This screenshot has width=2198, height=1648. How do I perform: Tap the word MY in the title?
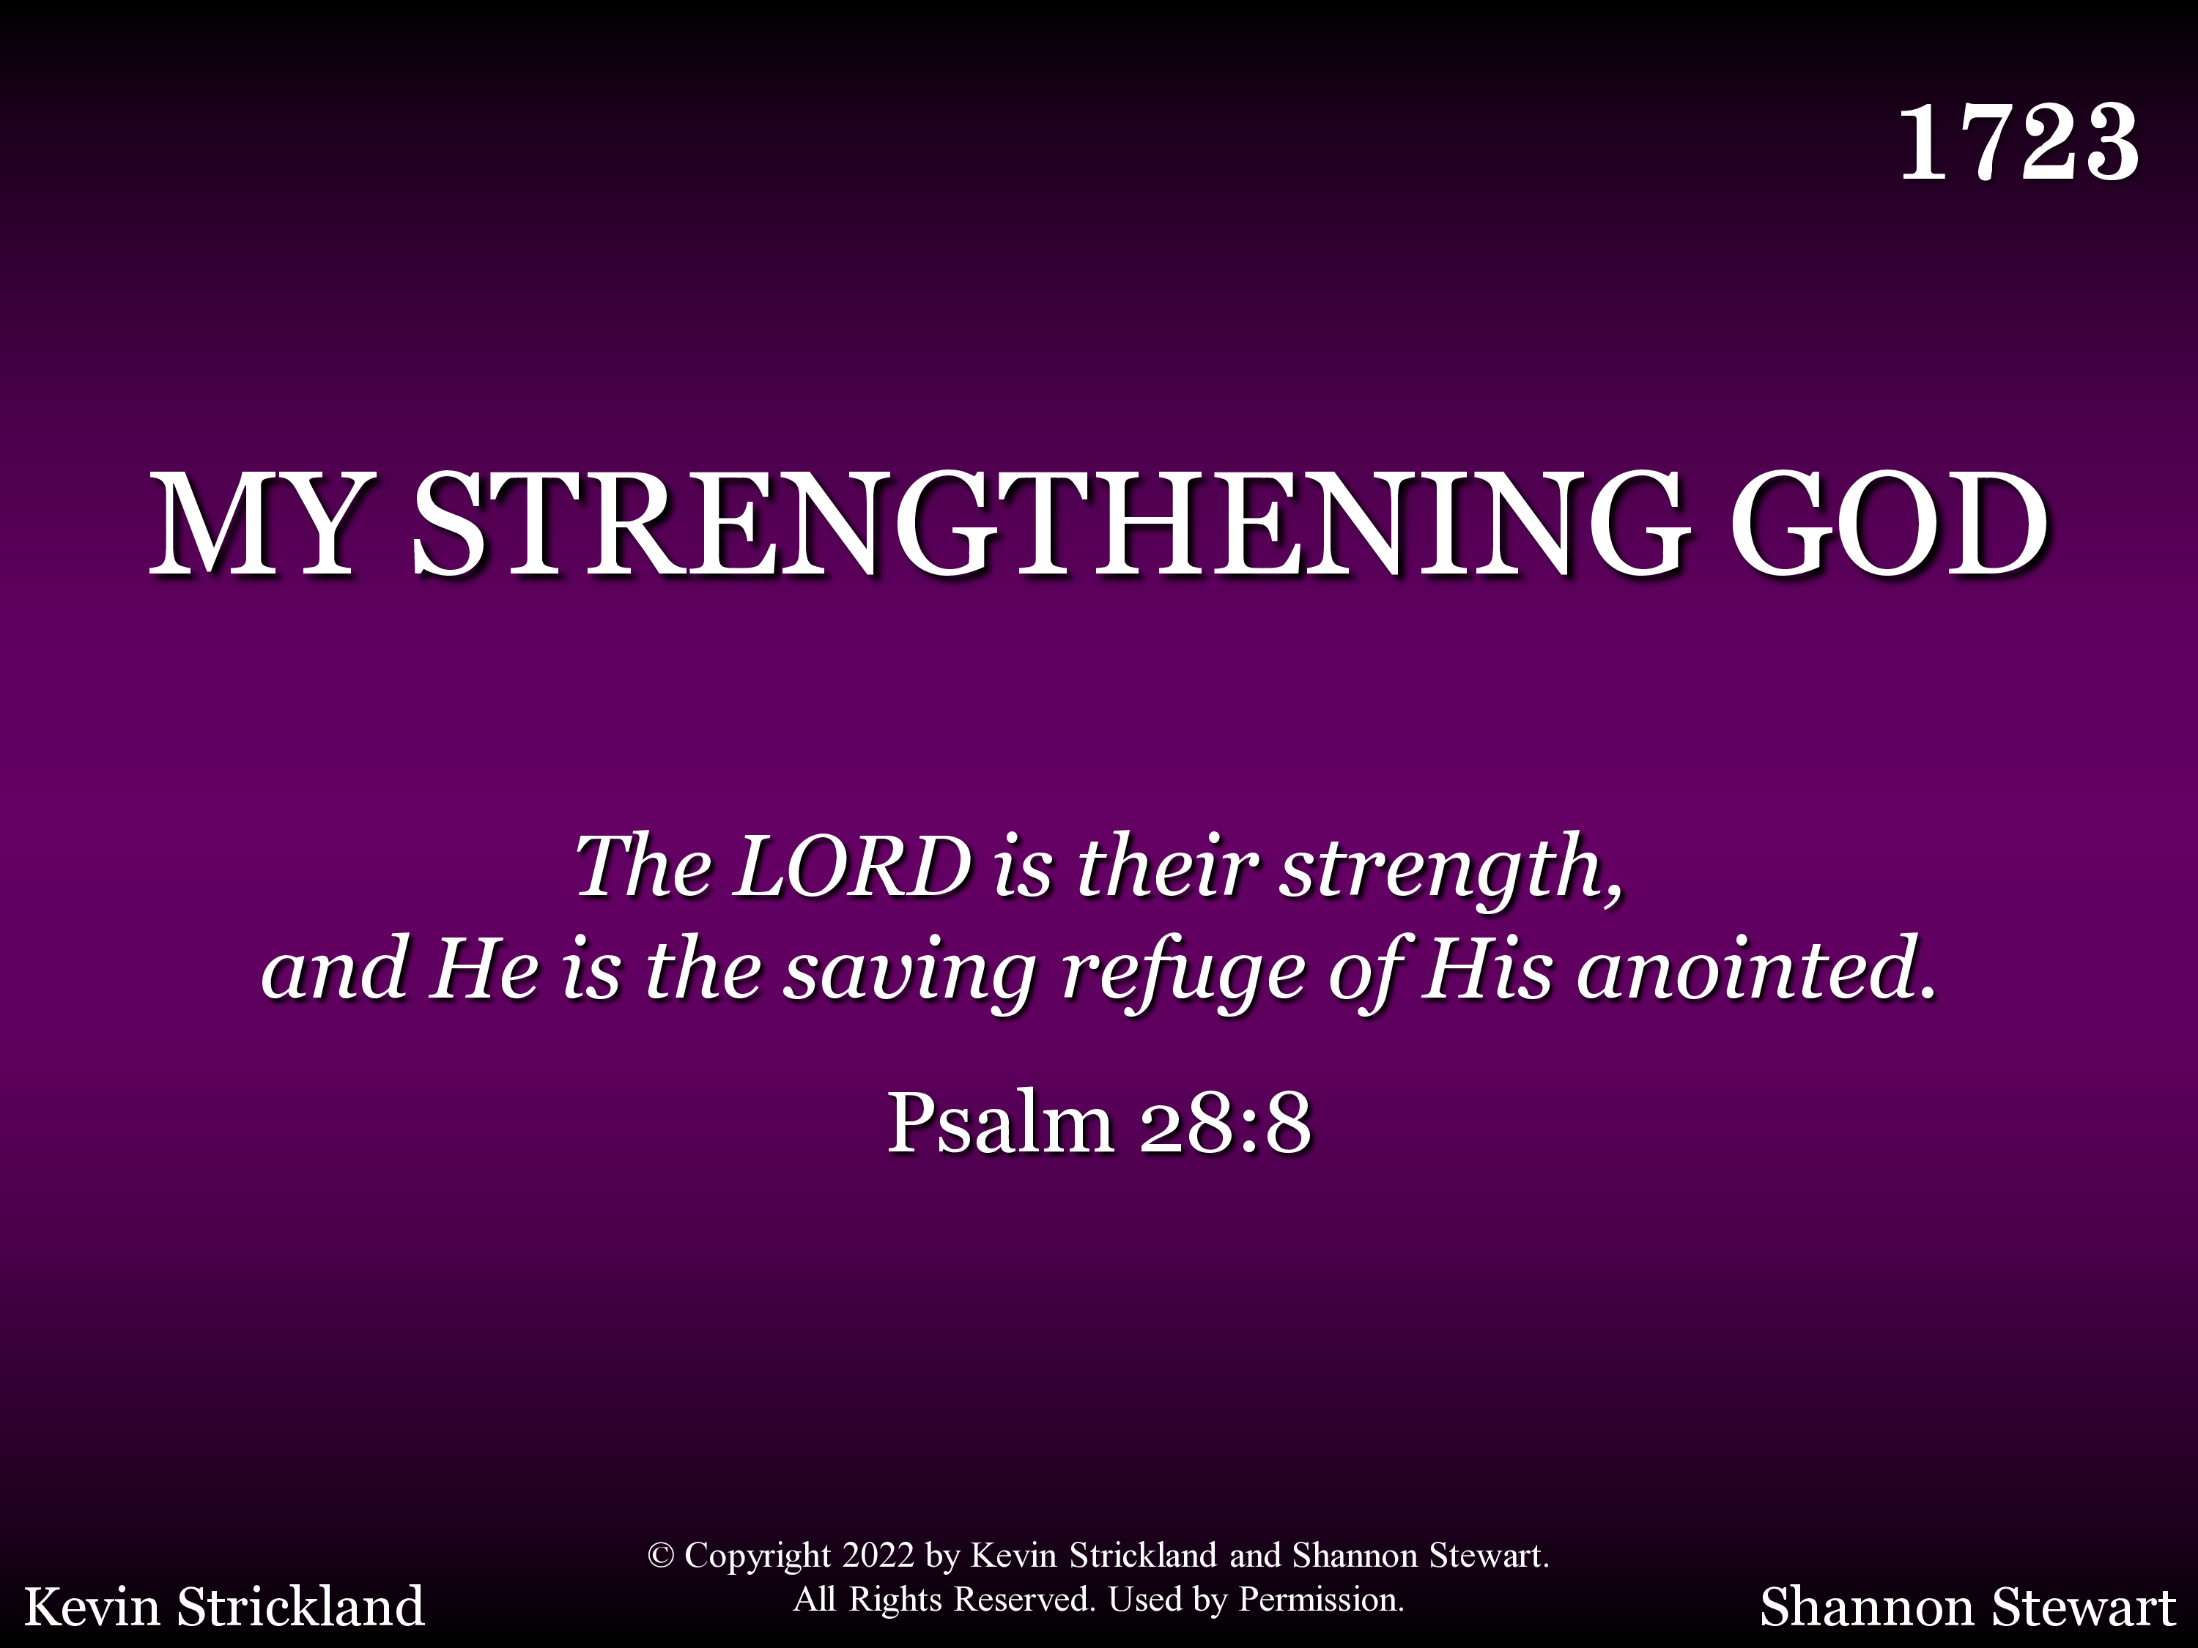point(254,524)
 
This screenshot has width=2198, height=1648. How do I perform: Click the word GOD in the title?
point(1889,524)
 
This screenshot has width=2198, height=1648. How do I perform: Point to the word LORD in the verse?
point(853,866)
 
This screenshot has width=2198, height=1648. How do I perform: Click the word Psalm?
point(999,1124)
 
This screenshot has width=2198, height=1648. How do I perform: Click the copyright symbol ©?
point(661,1556)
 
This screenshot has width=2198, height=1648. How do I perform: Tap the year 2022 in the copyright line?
point(878,1555)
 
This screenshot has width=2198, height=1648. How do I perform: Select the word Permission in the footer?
point(1322,1600)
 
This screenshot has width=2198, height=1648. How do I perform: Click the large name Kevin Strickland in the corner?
point(225,1607)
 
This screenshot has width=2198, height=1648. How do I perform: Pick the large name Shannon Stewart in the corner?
point(1967,1607)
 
